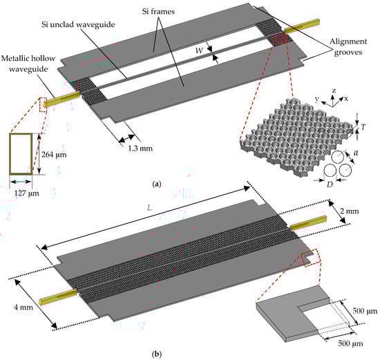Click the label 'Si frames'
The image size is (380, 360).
coord(158,11)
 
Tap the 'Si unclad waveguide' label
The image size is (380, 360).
coord(78,24)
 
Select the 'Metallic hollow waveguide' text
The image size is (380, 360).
coord(28,64)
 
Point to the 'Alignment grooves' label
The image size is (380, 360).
coord(348,46)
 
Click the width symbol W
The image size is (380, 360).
coord(199,50)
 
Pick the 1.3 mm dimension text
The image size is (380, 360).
coord(140,148)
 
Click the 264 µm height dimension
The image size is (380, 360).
coord(54,154)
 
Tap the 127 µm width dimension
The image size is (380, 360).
coord(27,193)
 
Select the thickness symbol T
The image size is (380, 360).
coord(363,126)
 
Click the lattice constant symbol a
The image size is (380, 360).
coord(356,153)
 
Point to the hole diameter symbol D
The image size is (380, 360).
coord(330,184)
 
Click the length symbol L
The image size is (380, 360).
coord(149,208)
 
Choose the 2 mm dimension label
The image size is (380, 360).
coord(349,211)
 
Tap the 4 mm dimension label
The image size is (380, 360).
coord(23,307)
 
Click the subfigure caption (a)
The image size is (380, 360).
coord(156,184)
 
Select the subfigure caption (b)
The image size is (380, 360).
coord(157,354)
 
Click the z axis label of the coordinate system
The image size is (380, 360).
coord(334,91)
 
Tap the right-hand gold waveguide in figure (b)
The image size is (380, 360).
coord(308,223)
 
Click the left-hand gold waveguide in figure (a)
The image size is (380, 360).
coord(62,100)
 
